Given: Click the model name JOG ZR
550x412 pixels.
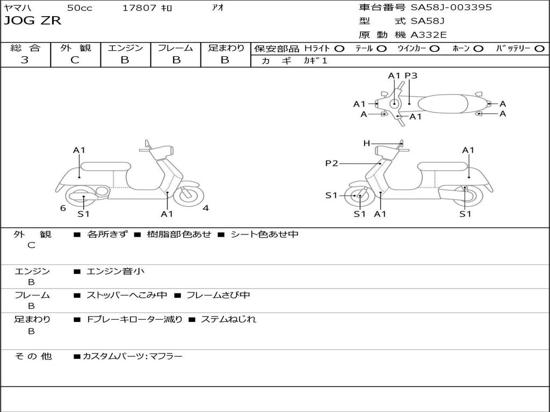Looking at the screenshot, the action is point(32,21).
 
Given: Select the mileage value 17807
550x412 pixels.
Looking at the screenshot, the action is point(139,8).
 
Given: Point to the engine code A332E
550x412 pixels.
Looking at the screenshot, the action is point(429,35).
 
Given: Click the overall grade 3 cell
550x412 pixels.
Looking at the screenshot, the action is point(25,60).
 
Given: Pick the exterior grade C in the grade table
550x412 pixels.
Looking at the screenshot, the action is point(75,60).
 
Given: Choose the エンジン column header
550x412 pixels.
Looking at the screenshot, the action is point(125,48).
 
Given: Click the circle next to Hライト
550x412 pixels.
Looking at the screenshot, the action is point(339,49).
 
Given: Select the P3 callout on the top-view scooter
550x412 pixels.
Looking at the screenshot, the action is point(411,76).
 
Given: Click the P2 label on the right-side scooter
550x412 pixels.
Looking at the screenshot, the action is point(331,164).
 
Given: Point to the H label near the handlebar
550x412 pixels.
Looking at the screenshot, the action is point(367,143).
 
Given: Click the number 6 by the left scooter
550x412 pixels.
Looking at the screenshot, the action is point(63,208).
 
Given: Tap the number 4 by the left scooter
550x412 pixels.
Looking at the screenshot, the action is point(206,208).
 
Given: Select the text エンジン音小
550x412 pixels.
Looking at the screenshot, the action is point(115,271).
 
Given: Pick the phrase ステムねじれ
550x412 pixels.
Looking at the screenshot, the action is point(228,319).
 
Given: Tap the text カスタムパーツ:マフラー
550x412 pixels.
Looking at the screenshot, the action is point(132,356).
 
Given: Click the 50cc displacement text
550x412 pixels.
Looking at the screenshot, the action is point(79,8).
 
